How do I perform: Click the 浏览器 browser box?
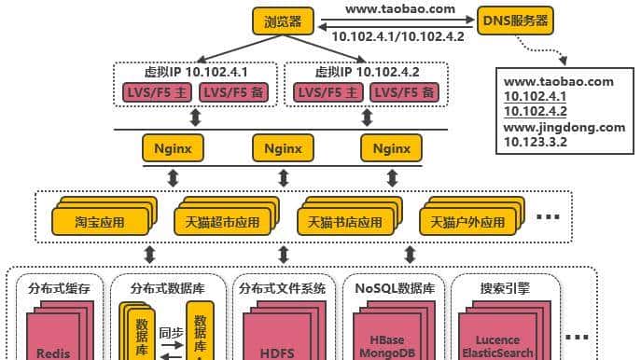283,21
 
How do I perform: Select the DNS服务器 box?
514,20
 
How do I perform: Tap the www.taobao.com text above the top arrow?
400,8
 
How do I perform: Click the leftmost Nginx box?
174,147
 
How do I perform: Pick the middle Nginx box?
283,147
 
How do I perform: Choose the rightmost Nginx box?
391,147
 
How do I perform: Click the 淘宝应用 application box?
99,223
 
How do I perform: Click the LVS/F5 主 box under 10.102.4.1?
156,92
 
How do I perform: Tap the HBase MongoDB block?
386,346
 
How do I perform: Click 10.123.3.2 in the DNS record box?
536,142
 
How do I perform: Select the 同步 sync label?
170,332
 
